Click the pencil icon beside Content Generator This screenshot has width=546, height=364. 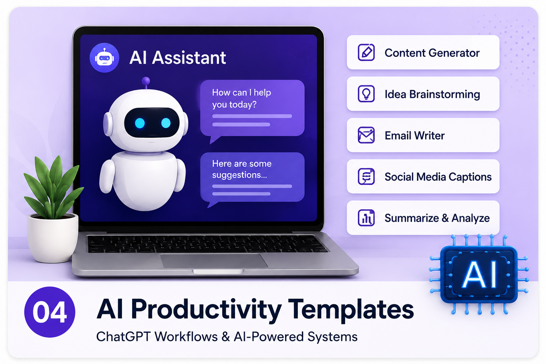point(366,52)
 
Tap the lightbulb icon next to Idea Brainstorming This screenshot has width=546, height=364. point(366,93)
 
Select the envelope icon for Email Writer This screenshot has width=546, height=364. point(366,135)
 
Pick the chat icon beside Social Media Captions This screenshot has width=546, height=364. point(366,176)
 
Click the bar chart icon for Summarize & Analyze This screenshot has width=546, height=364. point(366,218)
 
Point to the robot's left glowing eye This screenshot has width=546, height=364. point(140,123)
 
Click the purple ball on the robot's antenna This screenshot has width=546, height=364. point(146,81)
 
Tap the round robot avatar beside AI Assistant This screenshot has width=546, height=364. point(104,58)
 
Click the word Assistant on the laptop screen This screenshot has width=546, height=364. point(189,58)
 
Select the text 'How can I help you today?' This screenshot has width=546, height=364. point(241,98)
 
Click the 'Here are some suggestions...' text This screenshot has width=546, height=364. point(242,169)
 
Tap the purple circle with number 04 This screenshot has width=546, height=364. point(50,312)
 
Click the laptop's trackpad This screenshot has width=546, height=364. point(214,261)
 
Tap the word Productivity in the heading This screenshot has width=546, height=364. point(206,310)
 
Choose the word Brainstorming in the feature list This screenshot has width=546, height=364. point(445,94)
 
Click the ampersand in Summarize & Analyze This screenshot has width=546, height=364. point(445,218)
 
